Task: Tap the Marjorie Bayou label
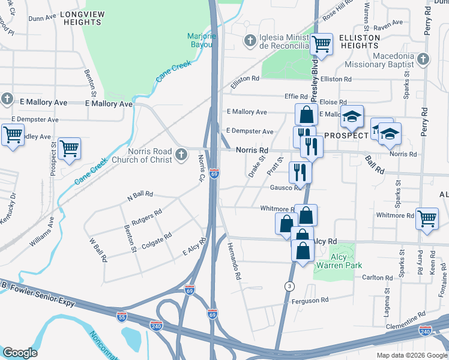pos(201,40)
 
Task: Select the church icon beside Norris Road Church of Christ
pos(179,156)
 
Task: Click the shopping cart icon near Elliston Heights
pos(322,44)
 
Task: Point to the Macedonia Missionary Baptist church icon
pos(423,59)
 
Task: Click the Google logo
pos(20,352)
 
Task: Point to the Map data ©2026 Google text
pos(412,355)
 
